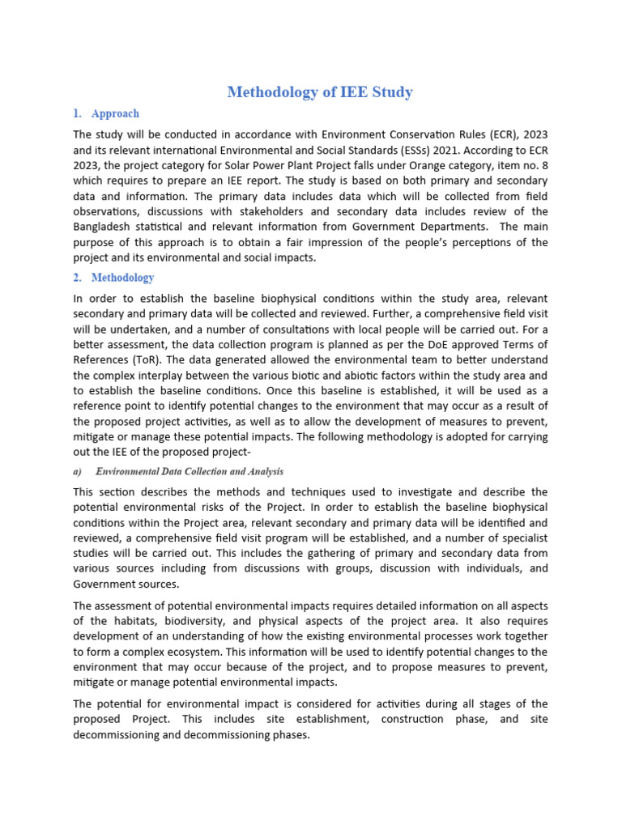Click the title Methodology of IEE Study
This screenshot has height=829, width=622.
[x=320, y=92]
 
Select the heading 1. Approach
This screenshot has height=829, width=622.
[x=115, y=114]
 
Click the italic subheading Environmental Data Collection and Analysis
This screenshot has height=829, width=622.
[x=190, y=471]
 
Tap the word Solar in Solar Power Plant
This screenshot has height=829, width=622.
[x=249, y=164]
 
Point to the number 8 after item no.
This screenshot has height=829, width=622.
[x=543, y=164]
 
